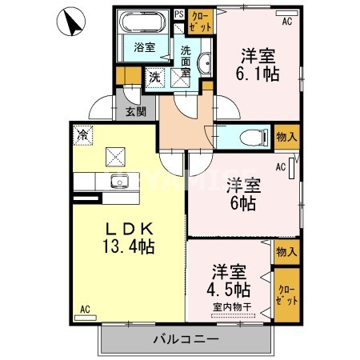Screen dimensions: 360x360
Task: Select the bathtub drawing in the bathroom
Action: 145,22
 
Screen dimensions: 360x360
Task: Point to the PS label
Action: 178,14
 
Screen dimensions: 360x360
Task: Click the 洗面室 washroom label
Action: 186,59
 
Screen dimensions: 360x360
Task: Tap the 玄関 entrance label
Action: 135,111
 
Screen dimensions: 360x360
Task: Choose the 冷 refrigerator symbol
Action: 83,135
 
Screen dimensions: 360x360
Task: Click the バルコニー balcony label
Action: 186,339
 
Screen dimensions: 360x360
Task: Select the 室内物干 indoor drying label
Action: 230,306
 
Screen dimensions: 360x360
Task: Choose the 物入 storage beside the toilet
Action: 286,136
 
